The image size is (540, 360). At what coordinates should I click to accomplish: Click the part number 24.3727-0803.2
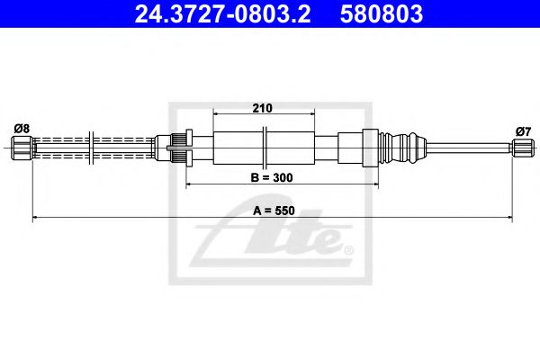coord(224,14)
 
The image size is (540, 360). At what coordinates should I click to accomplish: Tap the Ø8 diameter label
coord(22,129)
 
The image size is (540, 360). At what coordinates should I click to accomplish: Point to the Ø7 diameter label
coord(523,131)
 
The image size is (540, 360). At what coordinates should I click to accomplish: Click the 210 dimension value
coord(262,108)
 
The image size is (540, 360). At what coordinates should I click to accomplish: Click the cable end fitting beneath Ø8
coord(23,146)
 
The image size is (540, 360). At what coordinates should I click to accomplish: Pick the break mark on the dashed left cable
coord(93,146)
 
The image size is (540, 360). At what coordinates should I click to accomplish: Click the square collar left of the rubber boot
coord(369,146)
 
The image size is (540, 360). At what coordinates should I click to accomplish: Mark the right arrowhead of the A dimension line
coord(509,217)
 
